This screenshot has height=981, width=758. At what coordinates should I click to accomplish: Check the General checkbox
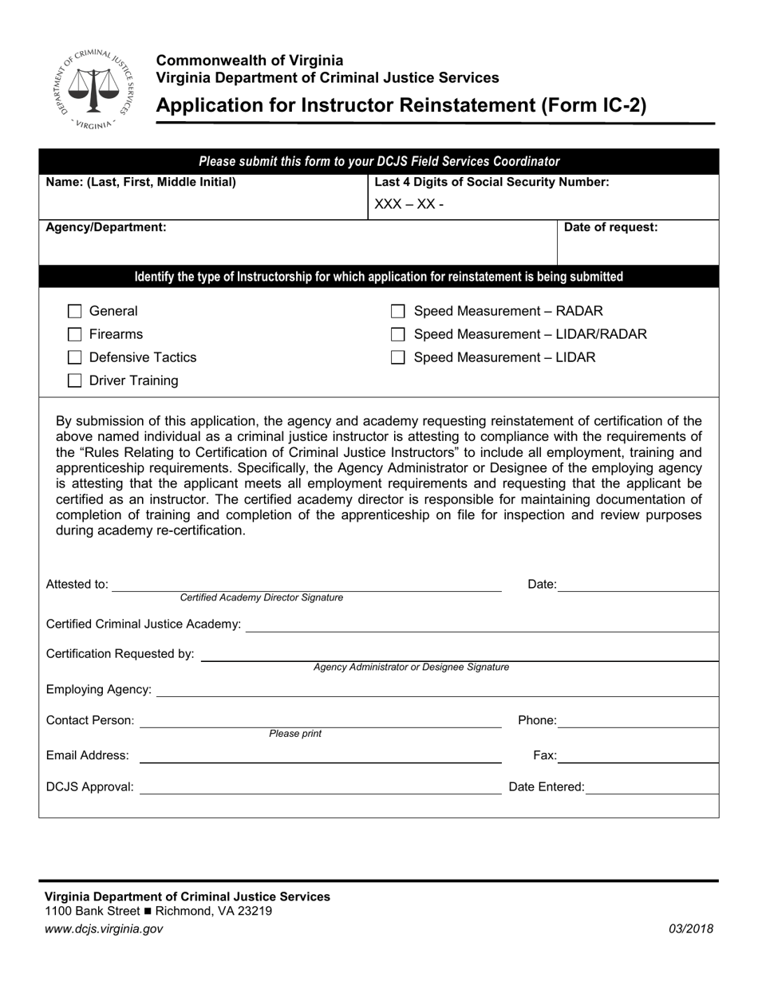click(x=75, y=312)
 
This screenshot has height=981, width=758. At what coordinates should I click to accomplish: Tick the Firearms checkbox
click(x=75, y=335)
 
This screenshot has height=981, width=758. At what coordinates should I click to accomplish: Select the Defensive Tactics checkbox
click(x=75, y=358)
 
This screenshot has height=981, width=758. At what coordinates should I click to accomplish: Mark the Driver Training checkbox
click(x=75, y=381)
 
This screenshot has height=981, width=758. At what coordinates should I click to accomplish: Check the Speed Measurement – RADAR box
click(x=398, y=312)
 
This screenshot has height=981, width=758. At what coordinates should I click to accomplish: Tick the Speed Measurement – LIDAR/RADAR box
click(x=398, y=335)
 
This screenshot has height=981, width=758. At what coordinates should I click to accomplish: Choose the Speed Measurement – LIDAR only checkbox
click(x=398, y=358)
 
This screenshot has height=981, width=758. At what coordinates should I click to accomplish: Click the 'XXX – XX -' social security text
click(x=409, y=205)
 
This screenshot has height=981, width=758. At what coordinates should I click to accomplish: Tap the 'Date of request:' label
click(x=610, y=227)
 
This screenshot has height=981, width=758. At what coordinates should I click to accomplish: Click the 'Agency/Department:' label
click(x=106, y=227)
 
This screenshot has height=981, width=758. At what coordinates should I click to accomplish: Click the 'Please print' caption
click(x=295, y=734)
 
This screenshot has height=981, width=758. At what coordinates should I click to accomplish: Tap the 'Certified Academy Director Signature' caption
click(x=262, y=597)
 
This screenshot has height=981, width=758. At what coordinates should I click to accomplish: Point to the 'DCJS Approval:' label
click(x=90, y=787)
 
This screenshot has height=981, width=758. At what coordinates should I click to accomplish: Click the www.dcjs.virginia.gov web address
click(x=104, y=928)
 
